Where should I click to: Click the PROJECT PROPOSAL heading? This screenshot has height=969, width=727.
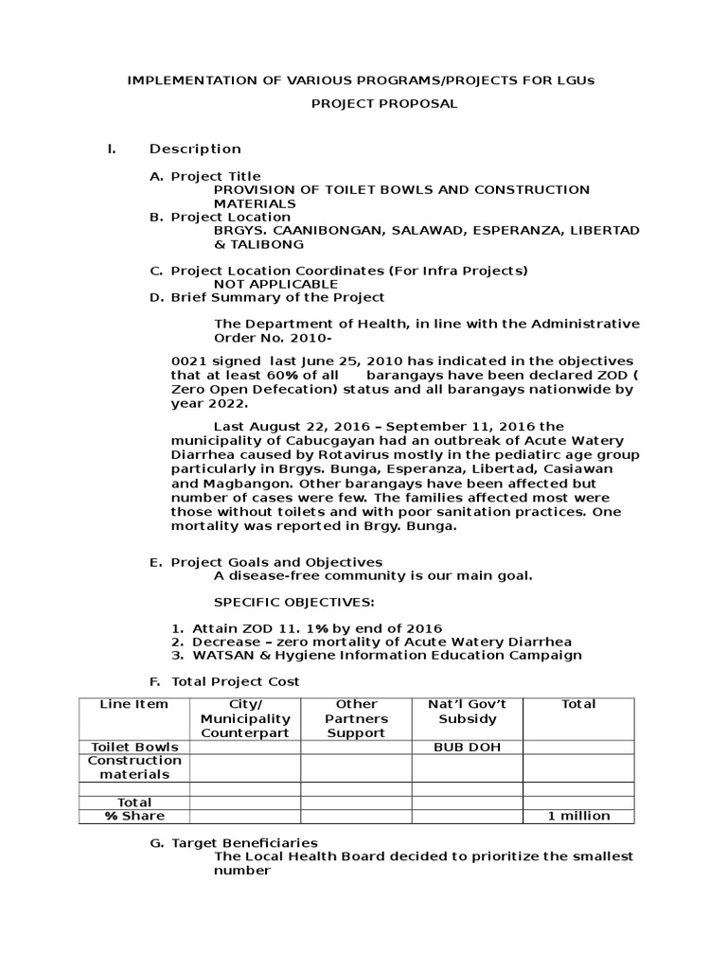[384, 104]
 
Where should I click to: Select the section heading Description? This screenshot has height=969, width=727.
[195, 149]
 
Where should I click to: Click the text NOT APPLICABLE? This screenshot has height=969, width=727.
[275, 284]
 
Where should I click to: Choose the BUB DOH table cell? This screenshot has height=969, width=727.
[467, 747]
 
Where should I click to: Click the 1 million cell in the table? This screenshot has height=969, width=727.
[578, 816]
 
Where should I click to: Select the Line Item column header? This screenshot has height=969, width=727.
[134, 704]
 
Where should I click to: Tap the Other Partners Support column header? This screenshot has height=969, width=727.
[356, 718]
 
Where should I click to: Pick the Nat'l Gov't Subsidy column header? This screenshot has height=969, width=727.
[467, 712]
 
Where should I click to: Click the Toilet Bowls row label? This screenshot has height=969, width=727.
[134, 747]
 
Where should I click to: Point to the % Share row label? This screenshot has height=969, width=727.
[134, 816]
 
